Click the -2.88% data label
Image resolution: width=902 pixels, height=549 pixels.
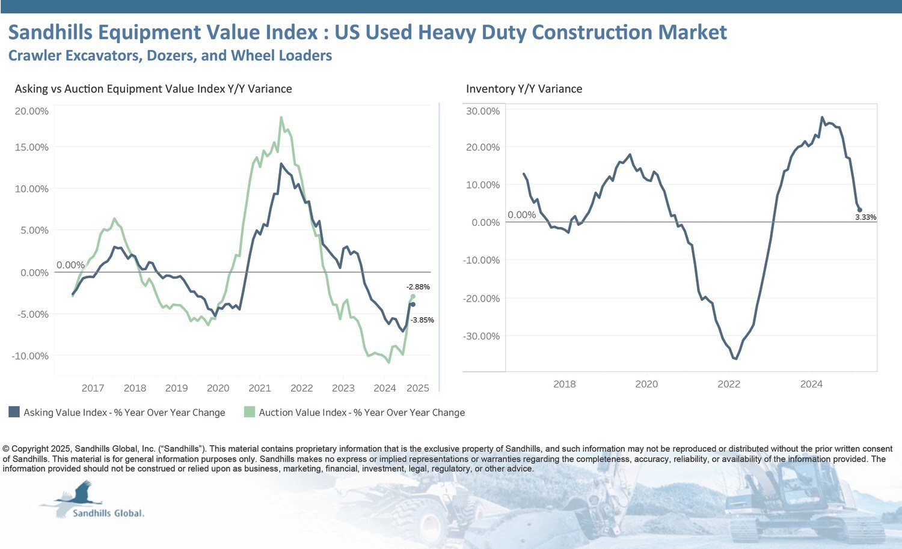pos(418,287)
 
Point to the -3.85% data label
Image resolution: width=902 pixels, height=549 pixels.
pos(422,320)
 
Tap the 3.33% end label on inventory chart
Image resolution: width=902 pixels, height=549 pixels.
pos(865,217)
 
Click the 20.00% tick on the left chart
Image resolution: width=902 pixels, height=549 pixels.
pos(31,111)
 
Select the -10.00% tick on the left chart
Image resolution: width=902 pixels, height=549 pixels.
pos(30,356)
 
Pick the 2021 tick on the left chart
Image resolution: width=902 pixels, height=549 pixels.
pos(260,388)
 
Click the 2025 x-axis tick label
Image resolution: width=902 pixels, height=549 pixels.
pos(417,388)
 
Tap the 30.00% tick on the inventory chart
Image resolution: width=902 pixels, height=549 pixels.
pos(482,111)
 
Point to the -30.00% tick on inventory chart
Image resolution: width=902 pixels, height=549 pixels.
pos(481,336)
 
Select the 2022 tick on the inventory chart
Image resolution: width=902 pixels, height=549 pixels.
pos(729,384)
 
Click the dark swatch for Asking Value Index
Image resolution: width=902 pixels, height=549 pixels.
pos(14,412)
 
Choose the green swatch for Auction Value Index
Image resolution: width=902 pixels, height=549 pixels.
pos(249,412)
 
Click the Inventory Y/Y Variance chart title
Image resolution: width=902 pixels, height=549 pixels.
pos(524,89)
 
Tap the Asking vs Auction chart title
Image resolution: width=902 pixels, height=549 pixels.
pos(153,89)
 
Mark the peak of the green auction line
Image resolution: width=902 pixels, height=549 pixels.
pos(281,118)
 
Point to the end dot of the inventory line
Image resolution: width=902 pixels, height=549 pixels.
pos(859,210)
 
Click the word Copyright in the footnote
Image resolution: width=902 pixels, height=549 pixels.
pos(29,449)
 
